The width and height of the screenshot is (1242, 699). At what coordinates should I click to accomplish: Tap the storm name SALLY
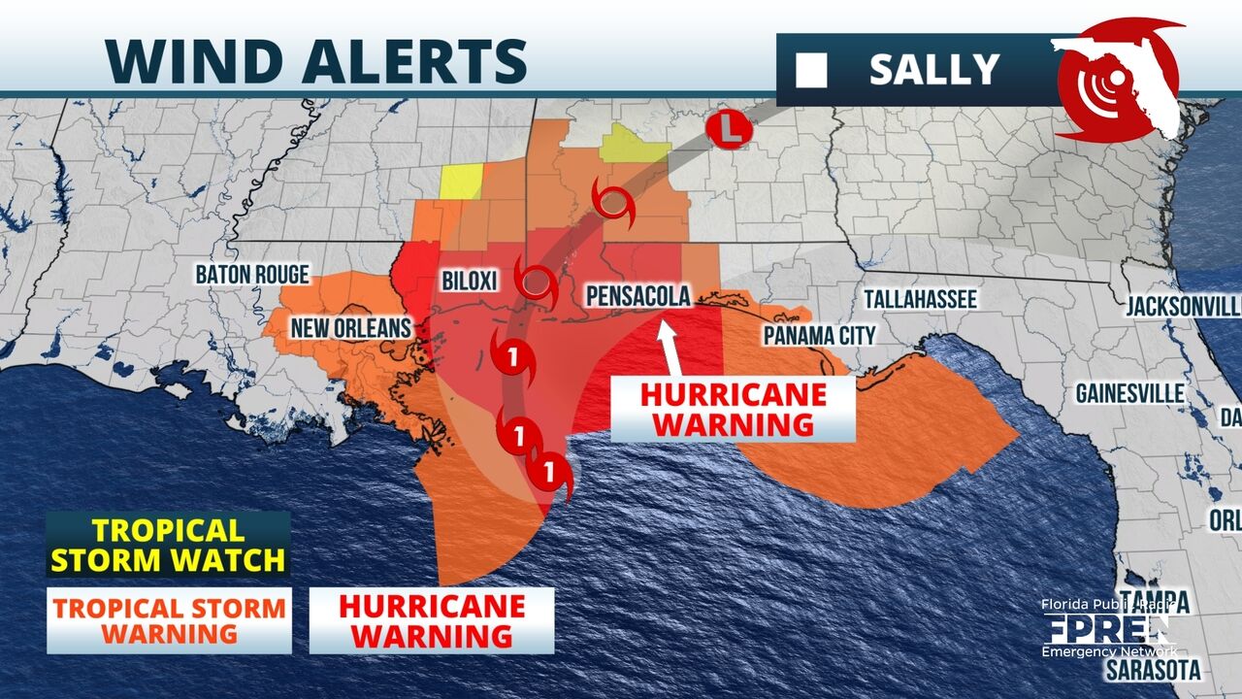click(x=933, y=69)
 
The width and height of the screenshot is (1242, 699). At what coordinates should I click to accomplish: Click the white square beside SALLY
click(x=811, y=70)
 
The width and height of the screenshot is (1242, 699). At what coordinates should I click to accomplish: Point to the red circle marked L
click(x=728, y=129)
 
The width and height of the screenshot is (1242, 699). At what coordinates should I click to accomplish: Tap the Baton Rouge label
click(x=252, y=275)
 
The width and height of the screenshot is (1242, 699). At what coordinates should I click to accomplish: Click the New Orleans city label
click(x=351, y=328)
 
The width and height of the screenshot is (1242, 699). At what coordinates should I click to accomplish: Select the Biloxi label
click(x=469, y=281)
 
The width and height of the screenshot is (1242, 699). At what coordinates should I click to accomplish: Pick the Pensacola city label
click(x=635, y=296)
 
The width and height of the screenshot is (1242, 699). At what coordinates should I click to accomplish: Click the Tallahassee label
click(x=920, y=298)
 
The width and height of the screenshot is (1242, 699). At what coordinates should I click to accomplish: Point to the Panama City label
click(x=819, y=336)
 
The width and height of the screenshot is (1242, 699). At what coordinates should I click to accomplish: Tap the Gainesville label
click(x=1129, y=393)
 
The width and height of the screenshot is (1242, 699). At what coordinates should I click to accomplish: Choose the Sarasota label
click(x=1155, y=670)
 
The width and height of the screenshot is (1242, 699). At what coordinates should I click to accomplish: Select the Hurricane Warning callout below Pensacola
click(x=733, y=409)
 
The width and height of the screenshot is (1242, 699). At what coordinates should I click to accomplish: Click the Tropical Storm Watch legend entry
click(x=168, y=545)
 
